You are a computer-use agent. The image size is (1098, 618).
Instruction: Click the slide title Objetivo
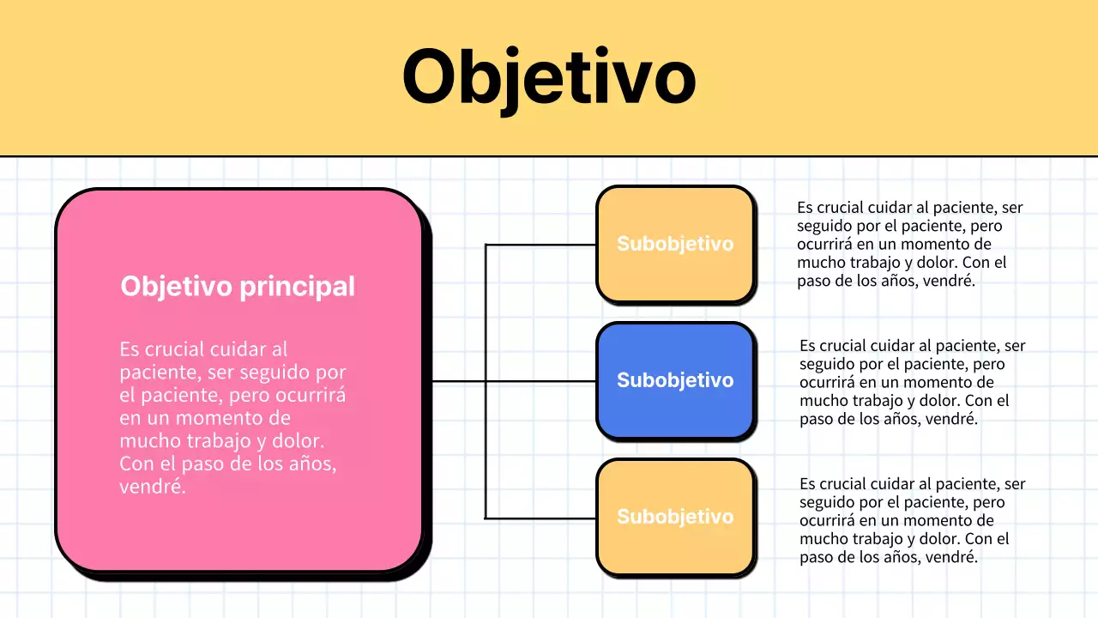548,77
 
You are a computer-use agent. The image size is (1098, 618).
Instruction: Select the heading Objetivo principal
238,286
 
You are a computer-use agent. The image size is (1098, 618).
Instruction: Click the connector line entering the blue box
540,381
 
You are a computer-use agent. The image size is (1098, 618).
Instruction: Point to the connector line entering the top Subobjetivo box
540,245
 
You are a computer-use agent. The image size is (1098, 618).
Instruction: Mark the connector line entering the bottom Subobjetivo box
540,518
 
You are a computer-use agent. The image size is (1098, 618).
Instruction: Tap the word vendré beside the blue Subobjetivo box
950,420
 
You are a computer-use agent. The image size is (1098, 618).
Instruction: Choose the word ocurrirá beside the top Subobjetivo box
825,244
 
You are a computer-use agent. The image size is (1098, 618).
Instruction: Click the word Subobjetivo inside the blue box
675,380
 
